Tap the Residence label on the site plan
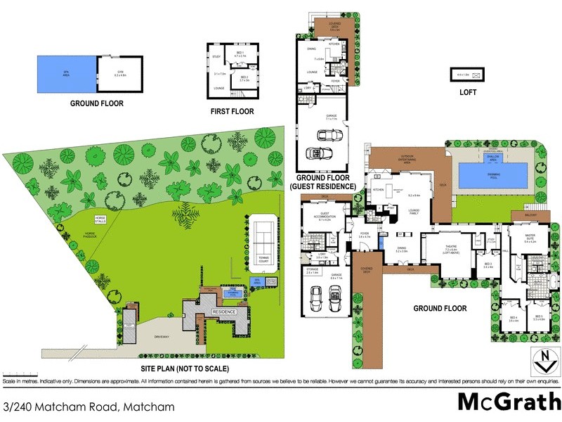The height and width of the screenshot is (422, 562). point(223,310)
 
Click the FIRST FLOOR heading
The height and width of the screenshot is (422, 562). point(232,112)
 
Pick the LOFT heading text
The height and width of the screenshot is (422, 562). point(468,92)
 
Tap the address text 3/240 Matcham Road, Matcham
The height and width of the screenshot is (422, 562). point(89,407)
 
